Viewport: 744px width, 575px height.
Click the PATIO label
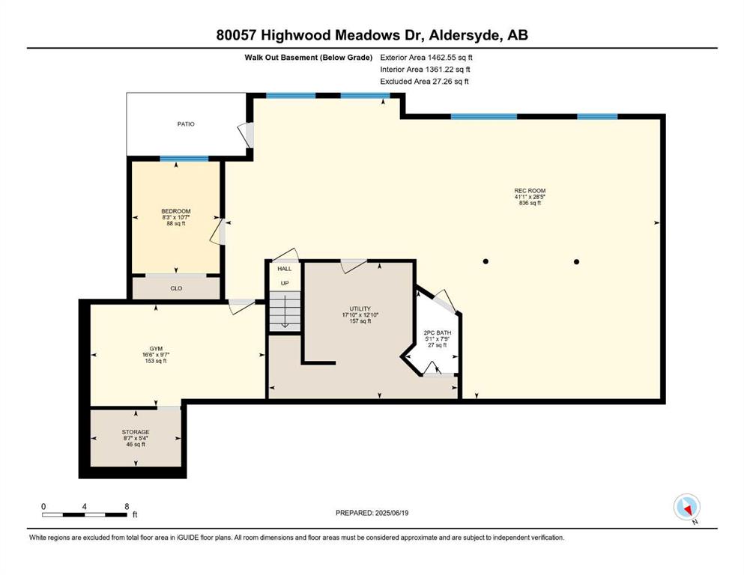(186, 124)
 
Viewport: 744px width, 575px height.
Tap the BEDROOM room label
(176, 211)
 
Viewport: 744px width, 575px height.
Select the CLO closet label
(176, 288)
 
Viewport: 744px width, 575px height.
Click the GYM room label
(156, 349)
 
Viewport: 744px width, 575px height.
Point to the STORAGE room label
(136, 432)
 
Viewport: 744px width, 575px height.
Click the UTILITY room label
(360, 309)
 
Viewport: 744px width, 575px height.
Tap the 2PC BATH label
(438, 332)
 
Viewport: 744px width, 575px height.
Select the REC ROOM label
(530, 191)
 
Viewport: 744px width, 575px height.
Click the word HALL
(285, 269)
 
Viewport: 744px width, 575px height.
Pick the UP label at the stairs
(285, 284)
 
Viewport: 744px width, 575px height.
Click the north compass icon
(686, 508)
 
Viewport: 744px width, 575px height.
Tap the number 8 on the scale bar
(127, 506)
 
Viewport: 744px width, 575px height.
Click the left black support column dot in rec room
(486, 261)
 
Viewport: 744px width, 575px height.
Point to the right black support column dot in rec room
(576, 261)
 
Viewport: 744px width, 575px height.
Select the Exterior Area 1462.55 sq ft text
(426, 58)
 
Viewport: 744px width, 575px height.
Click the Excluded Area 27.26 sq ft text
(424, 82)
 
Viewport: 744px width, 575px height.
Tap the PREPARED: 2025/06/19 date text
(372, 513)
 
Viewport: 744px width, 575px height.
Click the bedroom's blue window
(184, 159)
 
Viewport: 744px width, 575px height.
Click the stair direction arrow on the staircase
(285, 311)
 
